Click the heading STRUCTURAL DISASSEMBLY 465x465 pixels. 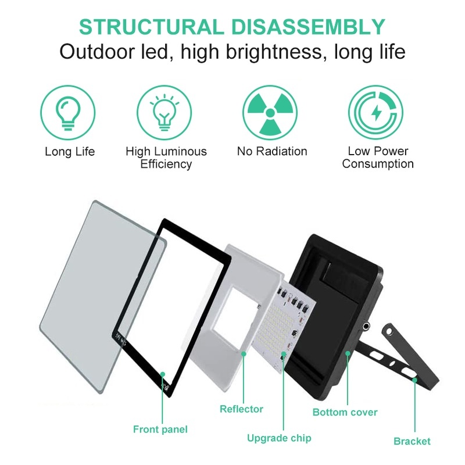point(232,27)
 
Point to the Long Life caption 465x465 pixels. point(70,152)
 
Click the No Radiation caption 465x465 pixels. point(271,152)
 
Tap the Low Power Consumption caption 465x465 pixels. point(378,158)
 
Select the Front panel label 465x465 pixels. point(160,430)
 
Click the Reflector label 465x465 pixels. point(241,409)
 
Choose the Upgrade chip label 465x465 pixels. point(279,438)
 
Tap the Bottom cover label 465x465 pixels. point(345,412)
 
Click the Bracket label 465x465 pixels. point(412,441)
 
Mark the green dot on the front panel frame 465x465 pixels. point(163,374)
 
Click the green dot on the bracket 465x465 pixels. point(414,380)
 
